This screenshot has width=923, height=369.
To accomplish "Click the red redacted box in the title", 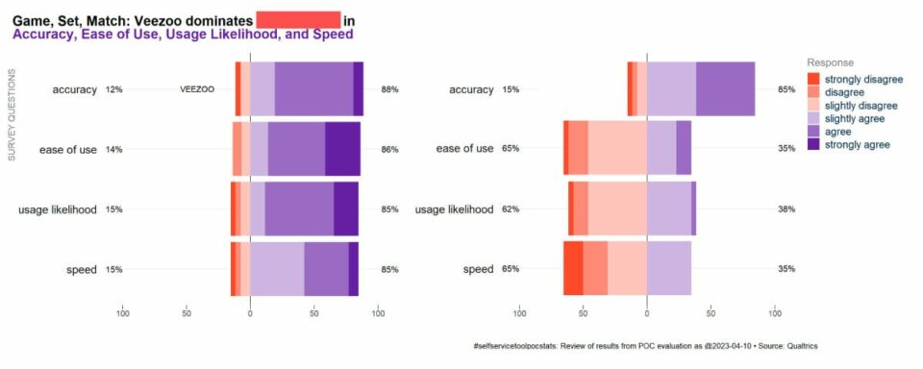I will [297, 19].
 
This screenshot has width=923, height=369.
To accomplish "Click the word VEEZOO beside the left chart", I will [197, 89].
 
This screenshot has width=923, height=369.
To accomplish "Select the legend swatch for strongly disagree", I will [813, 78].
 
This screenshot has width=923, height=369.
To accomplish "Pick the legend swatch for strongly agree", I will [813, 145].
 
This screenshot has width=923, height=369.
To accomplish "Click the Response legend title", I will [830, 61].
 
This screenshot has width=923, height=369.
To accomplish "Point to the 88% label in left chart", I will [389, 89].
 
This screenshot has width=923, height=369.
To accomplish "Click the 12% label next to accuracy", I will [114, 89].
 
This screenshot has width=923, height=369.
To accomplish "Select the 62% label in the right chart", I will [511, 209].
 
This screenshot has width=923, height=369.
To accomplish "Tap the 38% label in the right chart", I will [786, 209].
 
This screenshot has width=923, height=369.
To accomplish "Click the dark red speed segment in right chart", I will [573, 269].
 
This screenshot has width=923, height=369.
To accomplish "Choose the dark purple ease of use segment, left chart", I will [342, 149].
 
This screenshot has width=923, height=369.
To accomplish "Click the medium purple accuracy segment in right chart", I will [725, 89].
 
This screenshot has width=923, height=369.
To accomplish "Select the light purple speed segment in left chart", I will [277, 269].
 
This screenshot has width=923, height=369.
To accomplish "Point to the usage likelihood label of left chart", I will [58, 209].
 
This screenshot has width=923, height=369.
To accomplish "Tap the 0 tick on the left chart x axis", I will [250, 311].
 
